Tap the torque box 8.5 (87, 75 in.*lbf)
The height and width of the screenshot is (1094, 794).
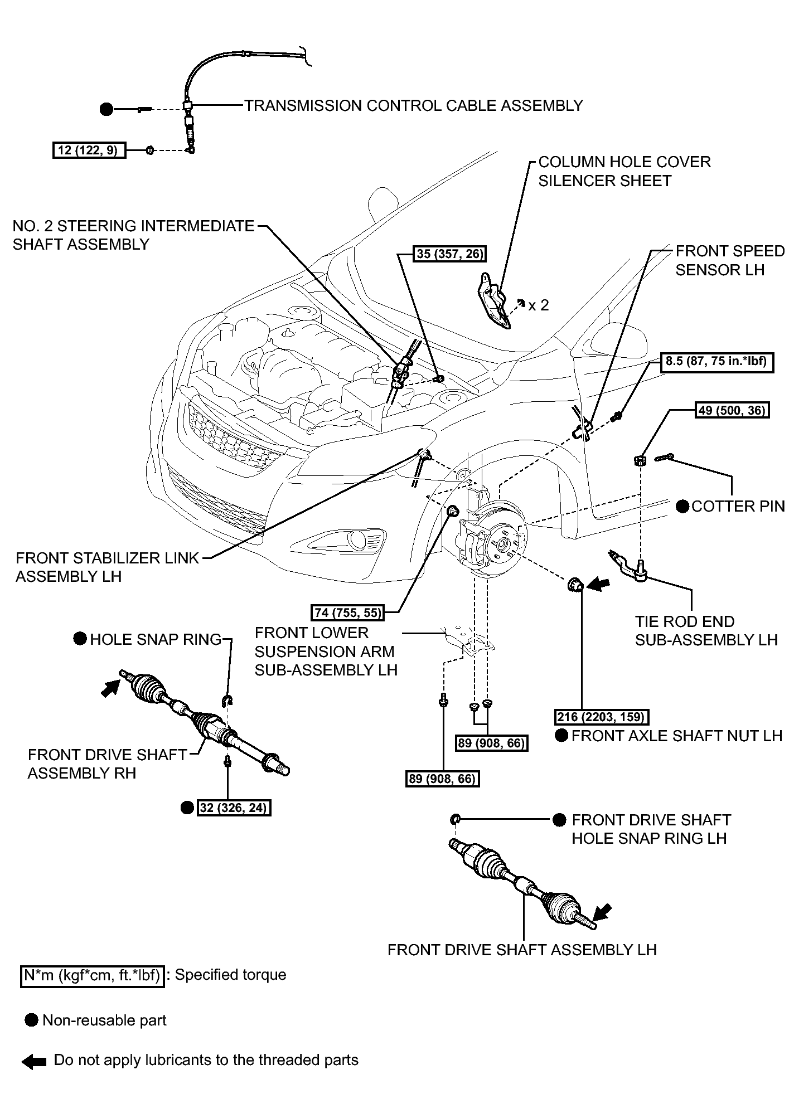718,362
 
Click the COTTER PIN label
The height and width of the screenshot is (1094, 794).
738,506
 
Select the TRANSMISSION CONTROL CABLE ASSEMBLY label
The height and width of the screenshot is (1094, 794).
414,105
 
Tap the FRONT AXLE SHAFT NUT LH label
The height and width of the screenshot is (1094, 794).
677,736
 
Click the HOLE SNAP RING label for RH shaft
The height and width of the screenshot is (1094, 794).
156,639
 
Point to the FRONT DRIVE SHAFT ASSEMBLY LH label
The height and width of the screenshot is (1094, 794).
522,950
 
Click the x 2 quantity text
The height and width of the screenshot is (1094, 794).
539,305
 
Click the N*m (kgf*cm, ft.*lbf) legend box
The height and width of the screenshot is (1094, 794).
93,975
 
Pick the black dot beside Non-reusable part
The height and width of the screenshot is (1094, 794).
32,1020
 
